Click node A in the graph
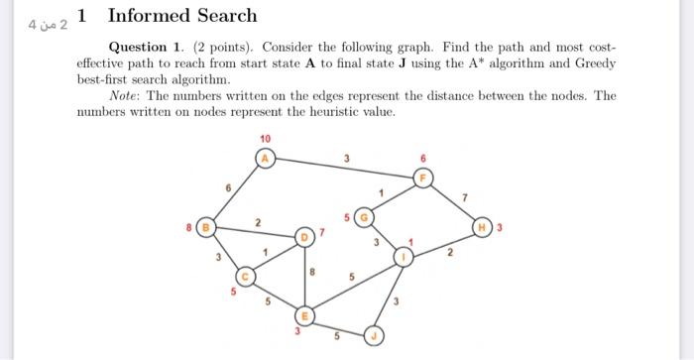pos(265,157)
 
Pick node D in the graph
pos(306,236)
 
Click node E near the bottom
pos(306,315)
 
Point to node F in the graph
pos(423,179)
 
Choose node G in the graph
pos(364,216)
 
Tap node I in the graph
pos(403,256)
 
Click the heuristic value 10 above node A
pos(265,138)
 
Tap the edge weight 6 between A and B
pos(228,187)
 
